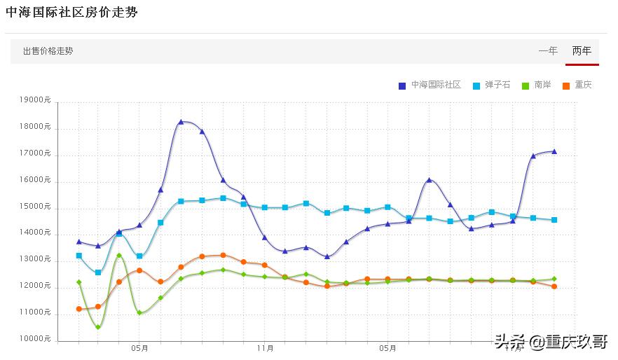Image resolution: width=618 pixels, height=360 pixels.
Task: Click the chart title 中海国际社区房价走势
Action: point(71,13)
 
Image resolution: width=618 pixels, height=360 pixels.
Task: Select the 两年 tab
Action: point(582,50)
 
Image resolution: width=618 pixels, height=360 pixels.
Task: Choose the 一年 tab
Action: point(548,50)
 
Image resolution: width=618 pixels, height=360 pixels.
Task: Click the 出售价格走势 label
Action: point(48,51)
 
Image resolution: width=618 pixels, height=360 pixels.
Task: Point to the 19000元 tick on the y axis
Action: point(36,100)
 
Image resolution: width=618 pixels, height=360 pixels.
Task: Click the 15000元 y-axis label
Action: point(36,207)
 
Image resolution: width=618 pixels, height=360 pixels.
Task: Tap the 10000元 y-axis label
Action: point(36,339)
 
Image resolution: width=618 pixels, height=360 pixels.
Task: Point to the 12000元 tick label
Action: point(36,286)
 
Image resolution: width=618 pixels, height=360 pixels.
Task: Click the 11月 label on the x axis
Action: point(265,347)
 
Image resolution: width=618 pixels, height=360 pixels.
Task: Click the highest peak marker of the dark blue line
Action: point(181,122)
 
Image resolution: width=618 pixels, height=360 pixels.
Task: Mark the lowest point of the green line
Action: point(98,327)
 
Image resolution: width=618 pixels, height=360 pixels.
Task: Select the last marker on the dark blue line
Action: point(554,151)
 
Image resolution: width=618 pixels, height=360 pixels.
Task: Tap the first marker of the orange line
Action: point(79,309)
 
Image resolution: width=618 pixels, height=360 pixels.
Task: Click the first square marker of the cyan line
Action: point(79,256)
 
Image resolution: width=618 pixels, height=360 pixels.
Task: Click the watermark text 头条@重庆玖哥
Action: point(551,342)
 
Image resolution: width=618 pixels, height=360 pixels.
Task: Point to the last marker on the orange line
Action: point(554,286)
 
